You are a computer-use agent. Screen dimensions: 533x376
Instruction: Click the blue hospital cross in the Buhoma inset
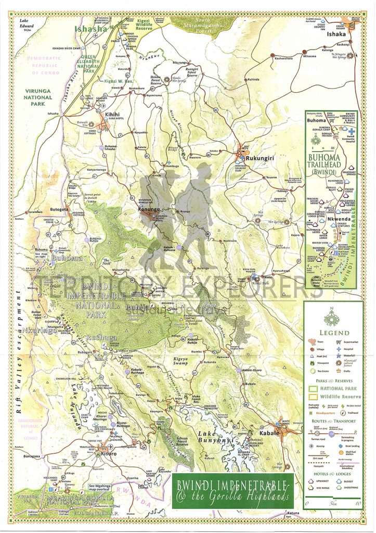pos(351,130)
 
